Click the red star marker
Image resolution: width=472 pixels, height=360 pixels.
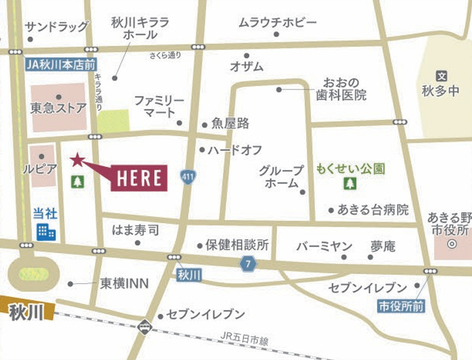pos(77,159)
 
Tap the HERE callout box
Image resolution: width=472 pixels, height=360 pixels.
pos(139,178)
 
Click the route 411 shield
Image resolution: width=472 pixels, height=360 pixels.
pos(188,176)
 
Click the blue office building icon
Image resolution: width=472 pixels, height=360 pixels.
pos(46,231)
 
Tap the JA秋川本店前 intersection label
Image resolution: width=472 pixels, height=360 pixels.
pos(60,63)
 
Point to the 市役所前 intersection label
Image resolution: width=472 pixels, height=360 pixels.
pos(402,307)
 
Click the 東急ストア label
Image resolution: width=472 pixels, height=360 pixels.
pos(58,108)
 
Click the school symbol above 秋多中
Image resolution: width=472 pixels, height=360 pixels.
pos(441,77)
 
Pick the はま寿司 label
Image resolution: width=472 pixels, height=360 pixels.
pos(135,230)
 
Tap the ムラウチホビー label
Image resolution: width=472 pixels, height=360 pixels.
pos(277,22)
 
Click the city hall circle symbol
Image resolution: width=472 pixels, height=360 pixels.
pos(451,244)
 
